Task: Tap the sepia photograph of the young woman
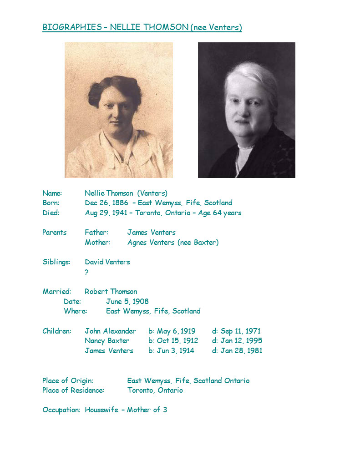119,110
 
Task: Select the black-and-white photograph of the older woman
246,110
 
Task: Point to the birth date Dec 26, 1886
106,203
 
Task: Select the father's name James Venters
151,233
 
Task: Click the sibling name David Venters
107,262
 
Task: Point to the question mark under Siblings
86,272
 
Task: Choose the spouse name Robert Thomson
111,292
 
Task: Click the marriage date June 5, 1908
127,301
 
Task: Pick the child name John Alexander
110,331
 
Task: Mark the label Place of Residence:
73,390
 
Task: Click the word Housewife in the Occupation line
101,410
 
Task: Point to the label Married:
57,292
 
